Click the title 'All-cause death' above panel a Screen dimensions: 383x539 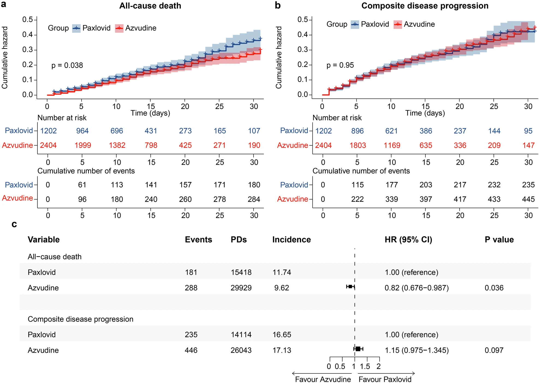pos(150,6)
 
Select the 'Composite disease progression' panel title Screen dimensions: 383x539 pos(425,6)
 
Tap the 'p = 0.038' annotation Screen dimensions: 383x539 pos(67,65)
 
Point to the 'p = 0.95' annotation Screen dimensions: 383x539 pos(340,65)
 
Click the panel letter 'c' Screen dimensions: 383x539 pos(14,224)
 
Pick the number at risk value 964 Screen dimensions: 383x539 pos(82,131)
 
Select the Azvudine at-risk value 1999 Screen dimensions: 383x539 pos(83,145)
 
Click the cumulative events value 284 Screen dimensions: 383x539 pos(254,199)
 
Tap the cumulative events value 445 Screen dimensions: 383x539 pos(528,199)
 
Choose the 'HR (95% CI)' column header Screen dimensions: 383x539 pos(408,239)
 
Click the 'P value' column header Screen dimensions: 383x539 pos(499,239)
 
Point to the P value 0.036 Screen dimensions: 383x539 pos(494,288)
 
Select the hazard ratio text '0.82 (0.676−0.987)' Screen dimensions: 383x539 pos(416,288)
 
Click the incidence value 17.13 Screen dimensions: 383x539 pos(282,350)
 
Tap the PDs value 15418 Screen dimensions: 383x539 pos(241,272)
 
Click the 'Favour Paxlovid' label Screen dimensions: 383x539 pos(385,379)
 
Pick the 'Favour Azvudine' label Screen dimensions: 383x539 pos(323,379)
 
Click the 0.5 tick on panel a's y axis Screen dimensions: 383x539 pos(28,20)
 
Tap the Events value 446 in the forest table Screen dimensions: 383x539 pos(191,350)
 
